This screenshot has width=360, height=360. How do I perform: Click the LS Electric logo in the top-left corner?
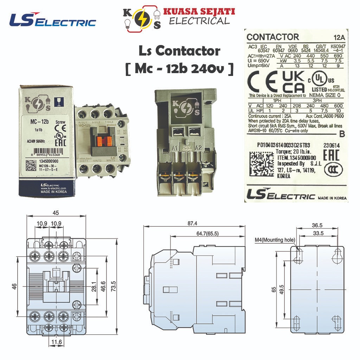[x=52, y=20]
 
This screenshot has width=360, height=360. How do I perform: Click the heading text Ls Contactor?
[x=179, y=51]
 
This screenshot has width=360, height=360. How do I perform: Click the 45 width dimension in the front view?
[x=56, y=212]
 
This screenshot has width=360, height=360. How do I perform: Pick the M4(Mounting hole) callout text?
[x=275, y=240]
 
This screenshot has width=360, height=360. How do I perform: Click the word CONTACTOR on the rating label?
[x=273, y=37]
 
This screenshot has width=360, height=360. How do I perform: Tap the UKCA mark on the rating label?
[x=293, y=82]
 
